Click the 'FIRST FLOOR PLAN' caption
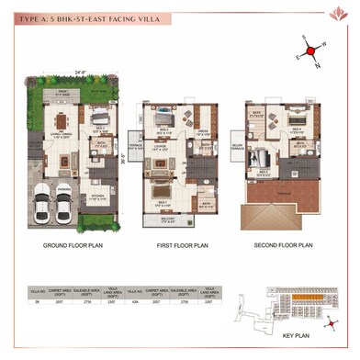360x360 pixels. tap(173, 247)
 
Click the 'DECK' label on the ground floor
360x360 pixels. tap(63, 94)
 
